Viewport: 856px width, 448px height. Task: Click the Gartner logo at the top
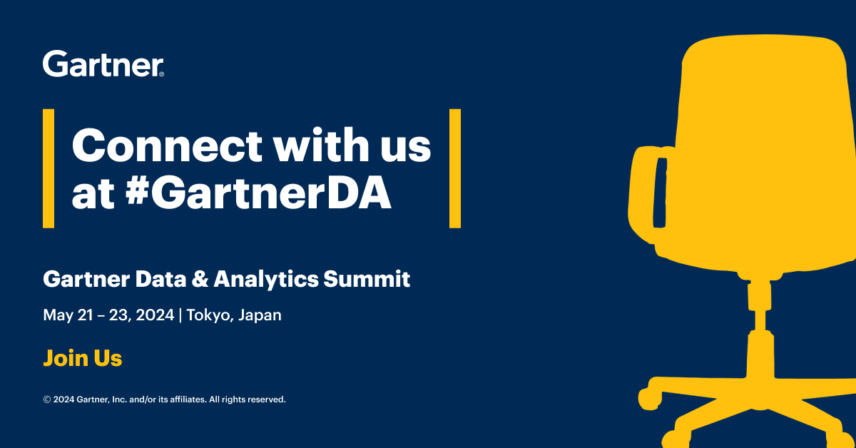point(103,63)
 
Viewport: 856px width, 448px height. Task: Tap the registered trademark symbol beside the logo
point(161,74)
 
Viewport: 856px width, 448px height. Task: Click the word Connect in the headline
point(167,146)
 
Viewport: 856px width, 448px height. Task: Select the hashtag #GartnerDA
point(258,193)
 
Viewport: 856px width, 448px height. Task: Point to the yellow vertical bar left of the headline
point(49,168)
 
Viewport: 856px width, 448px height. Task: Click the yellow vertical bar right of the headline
point(455,168)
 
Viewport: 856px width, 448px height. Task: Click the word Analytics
point(266,280)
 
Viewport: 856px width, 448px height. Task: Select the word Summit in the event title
point(367,279)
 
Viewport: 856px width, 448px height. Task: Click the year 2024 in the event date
point(155,315)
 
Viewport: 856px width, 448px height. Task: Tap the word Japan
point(260,316)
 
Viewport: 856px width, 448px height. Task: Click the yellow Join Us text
point(83,358)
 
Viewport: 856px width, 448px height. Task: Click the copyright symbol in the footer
point(47,399)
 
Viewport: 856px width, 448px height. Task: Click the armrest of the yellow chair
point(646,195)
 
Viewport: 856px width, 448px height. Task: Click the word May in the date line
point(58,316)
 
